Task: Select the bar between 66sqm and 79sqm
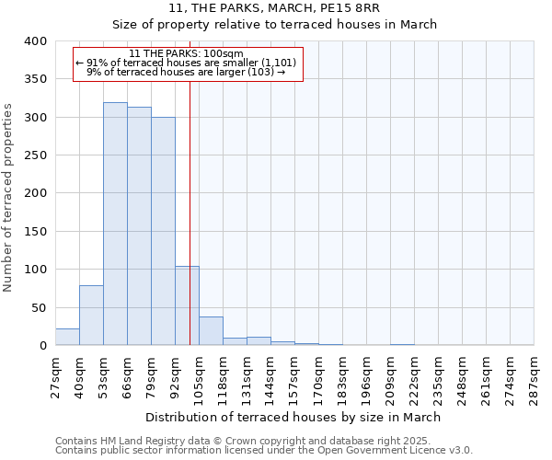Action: (x=139, y=226)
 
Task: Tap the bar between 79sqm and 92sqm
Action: (x=163, y=231)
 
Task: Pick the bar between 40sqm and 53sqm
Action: (x=91, y=316)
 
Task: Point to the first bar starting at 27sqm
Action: (x=67, y=337)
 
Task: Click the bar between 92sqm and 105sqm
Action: (x=187, y=305)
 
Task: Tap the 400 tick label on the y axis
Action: (x=36, y=41)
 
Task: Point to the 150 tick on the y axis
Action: (x=36, y=232)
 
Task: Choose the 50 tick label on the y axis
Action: (x=40, y=307)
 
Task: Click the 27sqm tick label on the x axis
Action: (x=55, y=375)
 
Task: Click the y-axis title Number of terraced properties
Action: (x=9, y=198)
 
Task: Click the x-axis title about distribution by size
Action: (x=293, y=417)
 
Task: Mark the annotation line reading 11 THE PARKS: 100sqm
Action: (x=187, y=53)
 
